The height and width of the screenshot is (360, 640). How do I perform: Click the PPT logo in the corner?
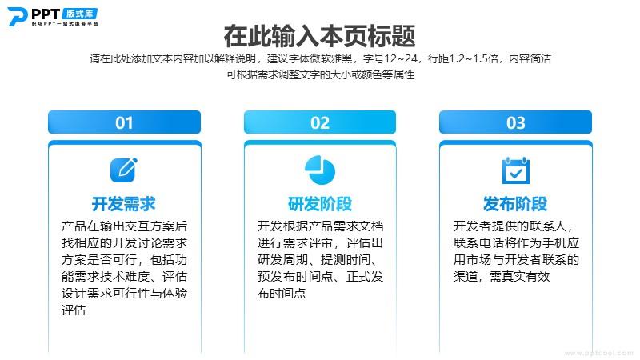[53, 16]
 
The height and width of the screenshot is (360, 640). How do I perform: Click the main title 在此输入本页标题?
[319, 36]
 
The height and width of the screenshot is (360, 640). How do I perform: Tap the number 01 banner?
[125, 122]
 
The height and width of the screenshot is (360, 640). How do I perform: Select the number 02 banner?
[320, 122]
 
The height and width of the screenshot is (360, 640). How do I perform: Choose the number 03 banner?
[515, 122]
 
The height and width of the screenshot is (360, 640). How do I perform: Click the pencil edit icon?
[124, 170]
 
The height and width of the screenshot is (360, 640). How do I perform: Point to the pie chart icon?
[320, 170]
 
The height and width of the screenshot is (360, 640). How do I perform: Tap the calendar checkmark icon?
[515, 170]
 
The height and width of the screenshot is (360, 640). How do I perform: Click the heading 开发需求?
[124, 204]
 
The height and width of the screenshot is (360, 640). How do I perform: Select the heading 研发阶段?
[320, 204]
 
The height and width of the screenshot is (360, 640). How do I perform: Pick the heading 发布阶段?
[515, 204]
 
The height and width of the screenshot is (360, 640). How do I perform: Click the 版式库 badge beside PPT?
[80, 14]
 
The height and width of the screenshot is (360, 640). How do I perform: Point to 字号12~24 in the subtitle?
[390, 58]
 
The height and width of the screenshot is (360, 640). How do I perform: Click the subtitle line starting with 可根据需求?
[321, 74]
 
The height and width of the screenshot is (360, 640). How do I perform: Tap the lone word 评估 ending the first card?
[74, 310]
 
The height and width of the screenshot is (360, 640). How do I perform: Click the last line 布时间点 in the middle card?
[282, 293]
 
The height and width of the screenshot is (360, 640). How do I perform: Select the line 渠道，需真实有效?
[502, 276]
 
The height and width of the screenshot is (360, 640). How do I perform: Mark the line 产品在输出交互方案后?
[125, 226]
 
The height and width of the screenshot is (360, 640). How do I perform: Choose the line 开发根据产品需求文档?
[321, 226]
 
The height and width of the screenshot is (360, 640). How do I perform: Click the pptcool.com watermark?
[598, 353]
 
